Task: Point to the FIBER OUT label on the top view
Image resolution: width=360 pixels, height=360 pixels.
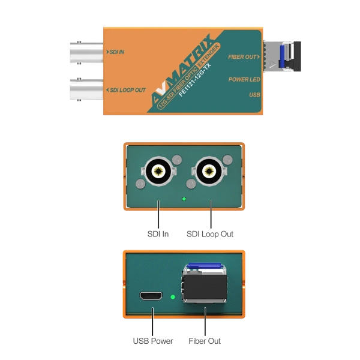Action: click(x=243, y=56)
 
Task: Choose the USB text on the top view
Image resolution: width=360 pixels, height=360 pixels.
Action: click(x=254, y=95)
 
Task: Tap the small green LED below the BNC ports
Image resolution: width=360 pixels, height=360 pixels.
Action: click(x=184, y=199)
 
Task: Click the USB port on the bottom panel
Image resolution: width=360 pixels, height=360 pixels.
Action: click(x=151, y=296)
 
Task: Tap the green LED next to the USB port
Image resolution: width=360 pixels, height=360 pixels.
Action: click(x=173, y=296)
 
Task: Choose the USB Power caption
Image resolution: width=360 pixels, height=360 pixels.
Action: click(x=151, y=341)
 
